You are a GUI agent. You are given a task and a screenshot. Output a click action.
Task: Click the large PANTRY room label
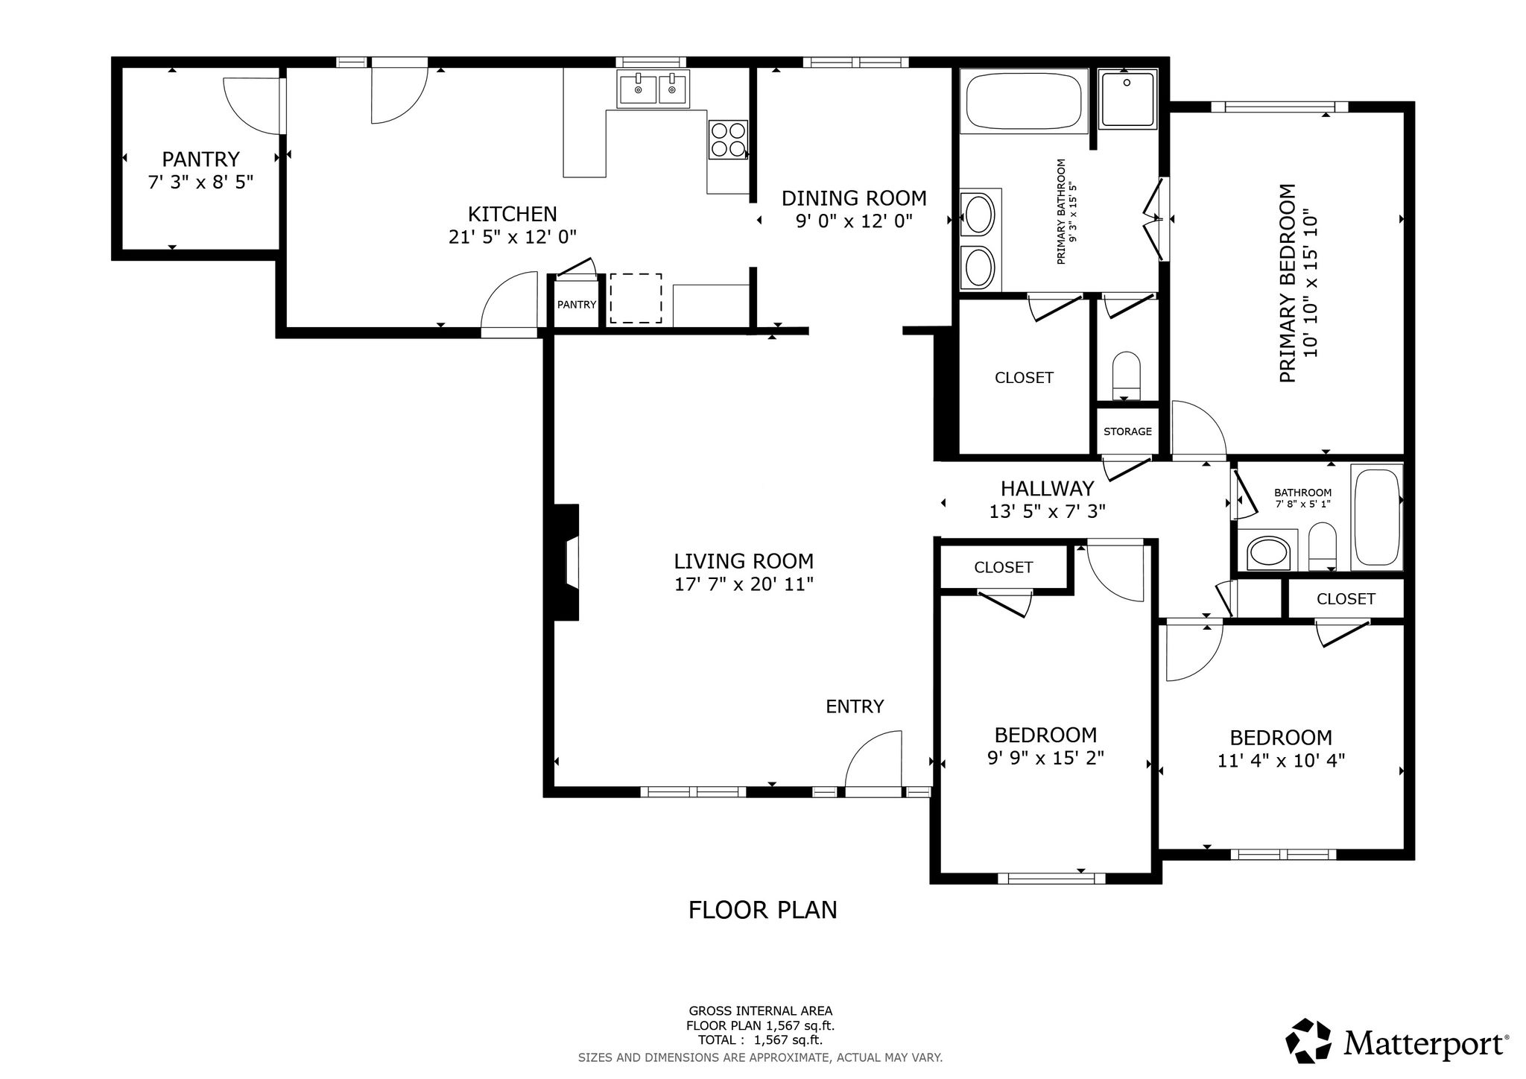click(x=200, y=159)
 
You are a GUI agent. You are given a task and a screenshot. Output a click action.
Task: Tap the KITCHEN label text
click(x=512, y=215)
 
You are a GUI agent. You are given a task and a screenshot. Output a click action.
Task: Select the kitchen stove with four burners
click(x=728, y=139)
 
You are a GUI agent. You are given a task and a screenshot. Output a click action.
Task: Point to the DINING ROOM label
click(x=854, y=198)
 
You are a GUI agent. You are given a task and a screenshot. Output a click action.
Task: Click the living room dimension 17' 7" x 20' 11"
click(x=744, y=584)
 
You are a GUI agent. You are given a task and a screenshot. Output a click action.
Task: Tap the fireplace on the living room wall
click(x=566, y=563)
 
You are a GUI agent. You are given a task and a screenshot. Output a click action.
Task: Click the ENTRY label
click(x=855, y=706)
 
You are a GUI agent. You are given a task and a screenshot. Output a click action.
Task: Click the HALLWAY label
click(x=1047, y=489)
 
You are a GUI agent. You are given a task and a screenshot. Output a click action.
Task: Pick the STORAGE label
click(x=1127, y=431)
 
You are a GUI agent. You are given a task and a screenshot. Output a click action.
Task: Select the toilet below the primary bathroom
click(x=1127, y=376)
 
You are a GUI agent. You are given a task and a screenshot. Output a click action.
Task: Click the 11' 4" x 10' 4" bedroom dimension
click(x=1281, y=761)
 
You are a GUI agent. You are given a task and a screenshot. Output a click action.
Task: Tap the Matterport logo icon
click(x=1308, y=1041)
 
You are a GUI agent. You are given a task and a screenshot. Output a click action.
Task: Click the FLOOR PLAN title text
click(x=763, y=910)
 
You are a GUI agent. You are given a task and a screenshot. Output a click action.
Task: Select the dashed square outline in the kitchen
click(x=636, y=299)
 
